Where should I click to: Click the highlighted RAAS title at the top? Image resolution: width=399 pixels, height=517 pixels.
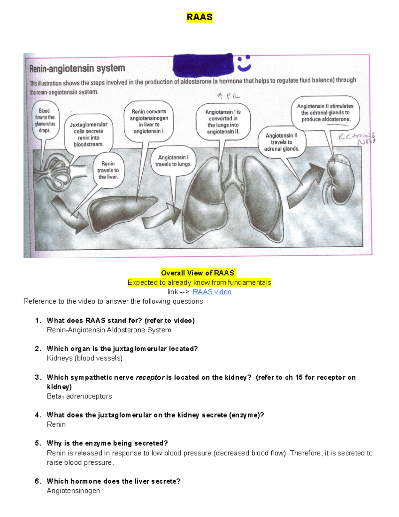[199, 17]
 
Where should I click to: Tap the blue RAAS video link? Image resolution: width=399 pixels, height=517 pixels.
[212, 292]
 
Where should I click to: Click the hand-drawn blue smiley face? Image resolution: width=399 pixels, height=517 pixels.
[244, 63]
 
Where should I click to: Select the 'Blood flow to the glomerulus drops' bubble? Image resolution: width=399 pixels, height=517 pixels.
[45, 120]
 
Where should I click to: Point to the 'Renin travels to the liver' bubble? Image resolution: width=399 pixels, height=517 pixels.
[108, 170]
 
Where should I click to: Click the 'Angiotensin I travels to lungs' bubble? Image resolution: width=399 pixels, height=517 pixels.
[173, 160]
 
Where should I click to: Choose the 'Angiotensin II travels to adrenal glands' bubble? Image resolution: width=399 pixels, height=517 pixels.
[282, 142]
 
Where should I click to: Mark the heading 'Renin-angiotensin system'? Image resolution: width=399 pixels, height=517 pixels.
[77, 69]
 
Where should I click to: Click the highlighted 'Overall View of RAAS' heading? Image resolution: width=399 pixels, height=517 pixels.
[198, 273]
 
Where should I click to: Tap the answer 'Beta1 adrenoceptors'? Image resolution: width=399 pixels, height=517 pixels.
[79, 396]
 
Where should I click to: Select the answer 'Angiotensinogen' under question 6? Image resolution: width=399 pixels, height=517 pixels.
[73, 491]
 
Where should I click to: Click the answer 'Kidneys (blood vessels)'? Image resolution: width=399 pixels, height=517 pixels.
[84, 358]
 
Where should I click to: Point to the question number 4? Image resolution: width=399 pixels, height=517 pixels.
[38, 415]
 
